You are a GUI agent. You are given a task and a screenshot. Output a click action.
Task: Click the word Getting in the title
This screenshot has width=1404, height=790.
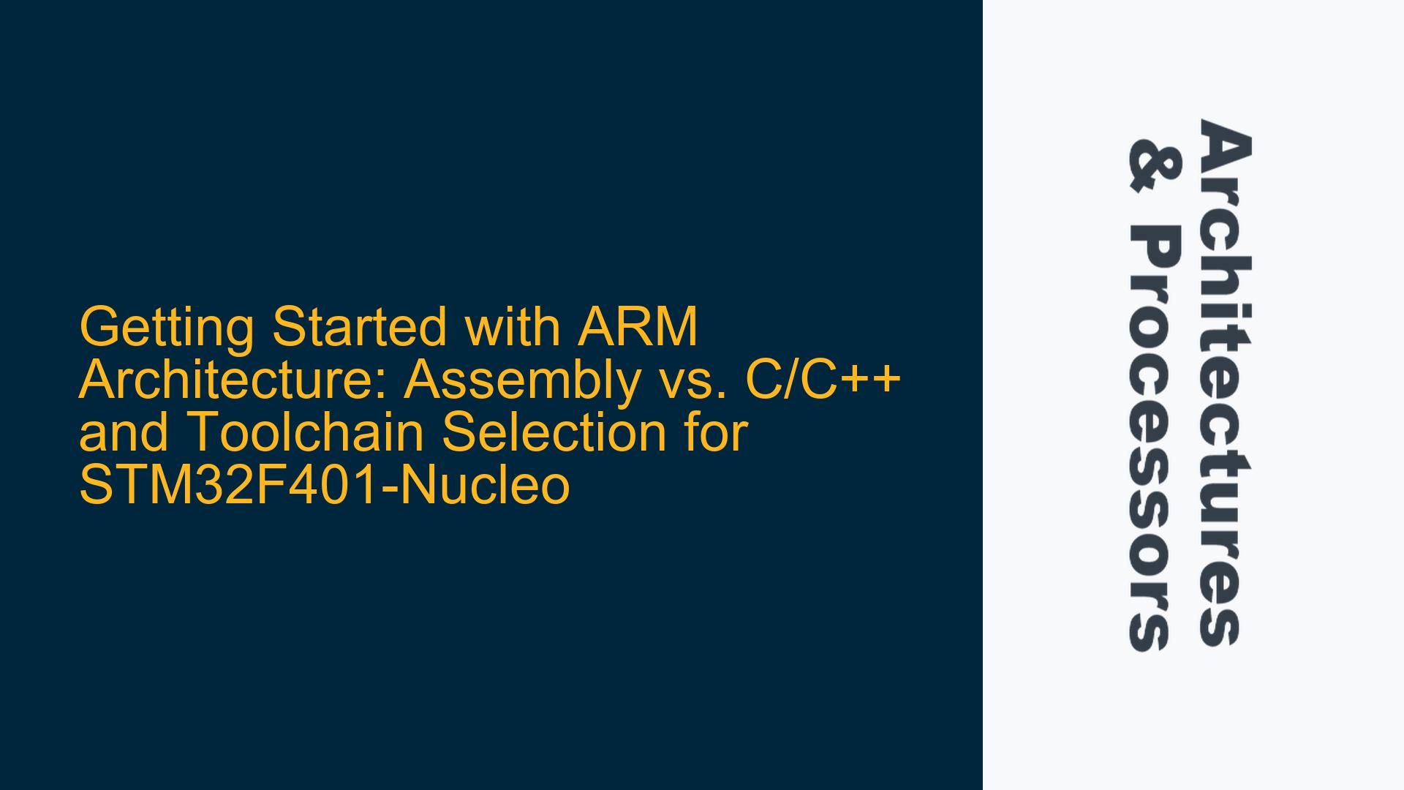click(167, 328)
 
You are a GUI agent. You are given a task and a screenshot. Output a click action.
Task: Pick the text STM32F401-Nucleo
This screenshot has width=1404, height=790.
click(324, 486)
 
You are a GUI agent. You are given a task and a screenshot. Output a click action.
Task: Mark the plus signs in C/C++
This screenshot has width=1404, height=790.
click(868, 382)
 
